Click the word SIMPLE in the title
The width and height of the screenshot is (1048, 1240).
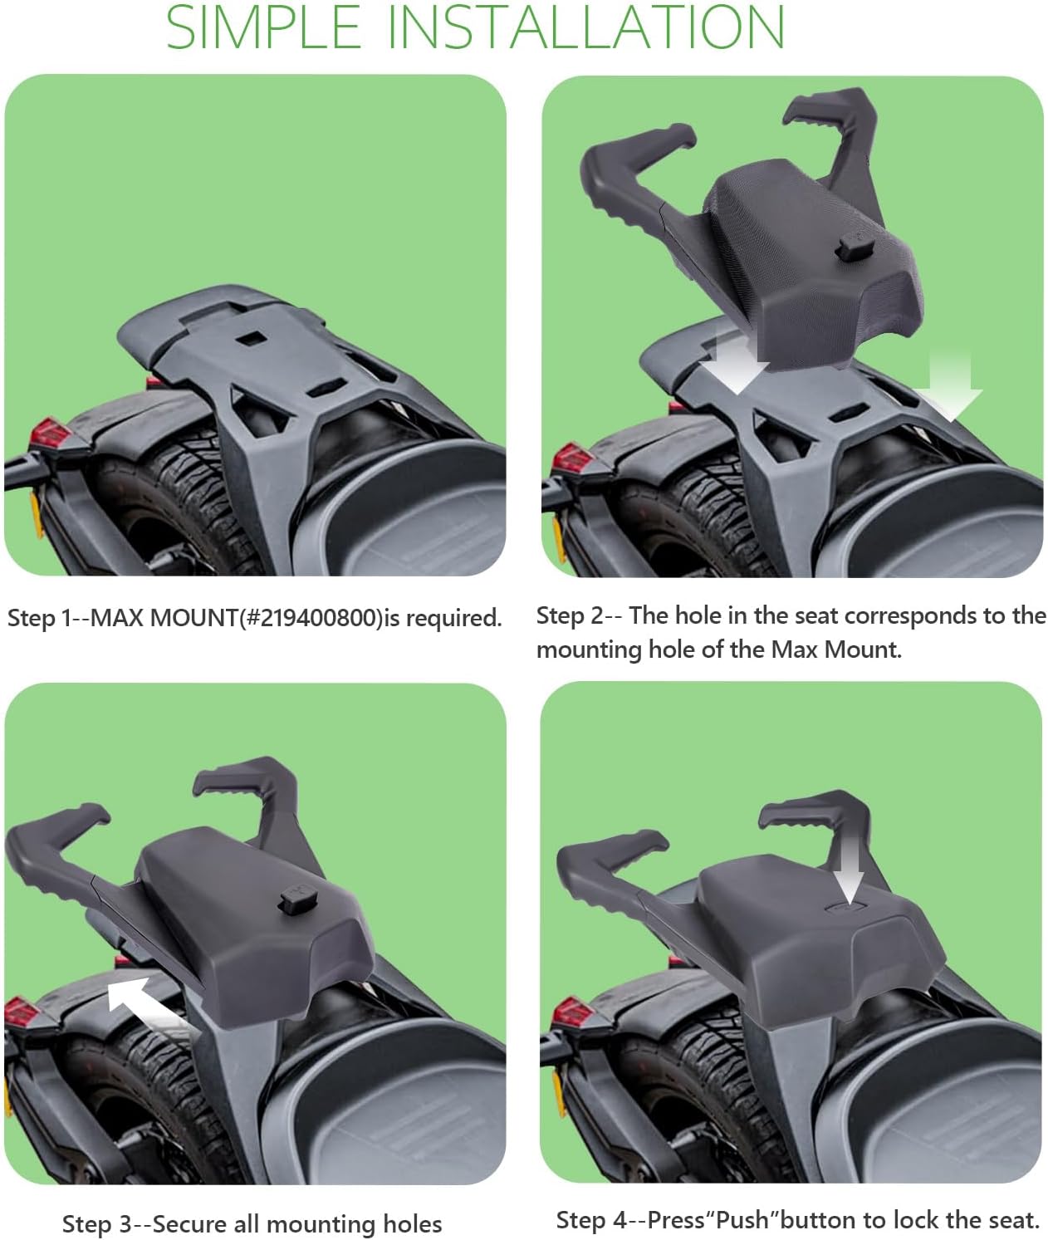coord(263,27)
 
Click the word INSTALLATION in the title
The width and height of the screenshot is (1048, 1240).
coord(585,27)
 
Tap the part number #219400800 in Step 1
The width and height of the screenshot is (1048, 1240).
coord(310,618)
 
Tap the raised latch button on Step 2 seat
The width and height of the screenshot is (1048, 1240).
coord(850,247)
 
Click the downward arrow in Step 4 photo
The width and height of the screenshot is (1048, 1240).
coord(848,872)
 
